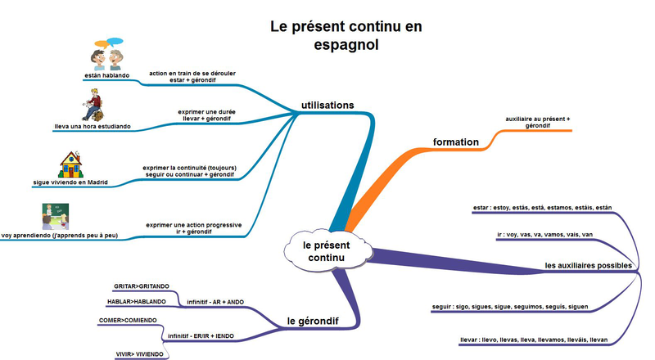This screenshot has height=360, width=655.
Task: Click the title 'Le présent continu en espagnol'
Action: click(346, 35)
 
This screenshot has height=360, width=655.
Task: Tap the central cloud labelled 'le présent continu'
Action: click(327, 251)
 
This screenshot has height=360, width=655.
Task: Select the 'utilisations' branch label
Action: click(327, 106)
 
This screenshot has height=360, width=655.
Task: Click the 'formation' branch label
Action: click(456, 142)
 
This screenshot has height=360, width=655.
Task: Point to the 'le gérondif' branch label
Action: click(313, 322)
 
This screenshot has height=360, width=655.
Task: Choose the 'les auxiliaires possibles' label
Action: click(588, 266)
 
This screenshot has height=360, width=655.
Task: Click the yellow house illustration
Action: click(70, 164)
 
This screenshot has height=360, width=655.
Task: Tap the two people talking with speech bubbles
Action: click(108, 54)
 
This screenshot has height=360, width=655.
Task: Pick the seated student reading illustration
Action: click(93, 105)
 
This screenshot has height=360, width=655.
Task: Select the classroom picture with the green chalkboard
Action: click(55, 216)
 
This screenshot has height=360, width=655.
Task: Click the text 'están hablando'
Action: click(107, 75)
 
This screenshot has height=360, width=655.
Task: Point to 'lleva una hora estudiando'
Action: click(93, 127)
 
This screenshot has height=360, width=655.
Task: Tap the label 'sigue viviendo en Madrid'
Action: click(70, 182)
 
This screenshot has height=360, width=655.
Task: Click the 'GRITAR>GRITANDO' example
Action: click(142, 286)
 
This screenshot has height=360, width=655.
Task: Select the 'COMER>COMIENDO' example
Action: click(128, 321)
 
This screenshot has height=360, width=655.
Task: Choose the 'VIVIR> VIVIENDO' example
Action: click(139, 354)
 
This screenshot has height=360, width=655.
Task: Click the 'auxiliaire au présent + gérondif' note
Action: click(538, 123)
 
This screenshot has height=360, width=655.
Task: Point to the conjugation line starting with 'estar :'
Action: click(542, 208)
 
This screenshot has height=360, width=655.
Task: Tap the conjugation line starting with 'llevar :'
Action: click(534, 340)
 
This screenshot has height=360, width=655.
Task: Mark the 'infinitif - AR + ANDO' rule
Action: click(215, 302)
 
